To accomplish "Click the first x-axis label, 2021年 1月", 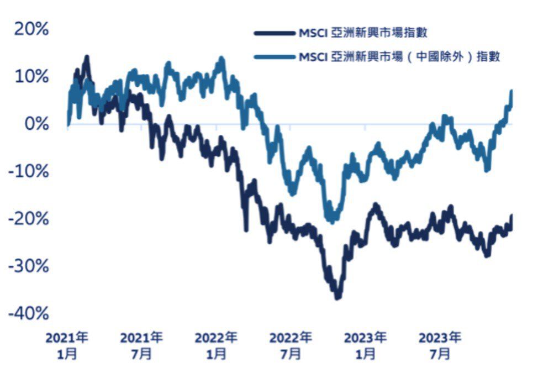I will (x=67, y=345).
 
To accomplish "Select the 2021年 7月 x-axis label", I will (x=142, y=345).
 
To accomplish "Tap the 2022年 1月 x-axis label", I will (x=217, y=345).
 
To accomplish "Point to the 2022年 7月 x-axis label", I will (x=291, y=345).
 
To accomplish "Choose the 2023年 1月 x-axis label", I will (x=366, y=345).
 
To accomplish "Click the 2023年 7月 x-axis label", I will (x=440, y=345).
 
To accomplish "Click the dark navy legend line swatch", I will (x=275, y=33).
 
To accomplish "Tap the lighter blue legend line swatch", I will (x=275, y=56).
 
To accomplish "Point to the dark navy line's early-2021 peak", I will (x=86, y=57).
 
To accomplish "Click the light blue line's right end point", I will (x=511, y=91).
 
